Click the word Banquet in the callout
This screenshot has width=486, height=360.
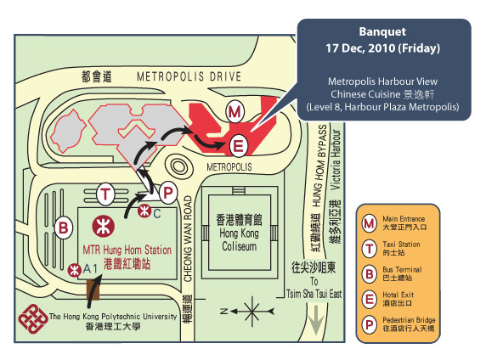pos(382,31)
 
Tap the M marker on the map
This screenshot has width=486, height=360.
pos(235,111)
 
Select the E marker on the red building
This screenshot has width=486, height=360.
pos(238,145)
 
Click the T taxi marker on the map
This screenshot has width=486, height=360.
pos(105,194)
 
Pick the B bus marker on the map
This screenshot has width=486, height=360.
pos(63,228)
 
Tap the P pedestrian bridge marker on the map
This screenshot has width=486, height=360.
pos(167,194)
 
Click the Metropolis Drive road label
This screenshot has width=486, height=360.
pos(189,76)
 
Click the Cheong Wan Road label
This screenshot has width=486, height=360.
pos(188,239)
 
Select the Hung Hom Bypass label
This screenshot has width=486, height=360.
pos(320,166)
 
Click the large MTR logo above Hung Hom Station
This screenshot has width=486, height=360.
pos(104,227)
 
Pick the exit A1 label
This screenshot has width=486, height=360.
pos(90,269)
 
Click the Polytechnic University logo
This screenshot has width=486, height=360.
pos(33,318)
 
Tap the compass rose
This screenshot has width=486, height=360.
pos(251,311)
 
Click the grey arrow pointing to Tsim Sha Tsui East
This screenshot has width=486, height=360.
pos(316,320)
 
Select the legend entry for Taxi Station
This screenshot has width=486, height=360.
pos(391,249)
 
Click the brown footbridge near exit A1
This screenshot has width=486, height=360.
pos(93,290)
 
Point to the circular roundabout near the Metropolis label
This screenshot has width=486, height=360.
pos(178,166)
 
